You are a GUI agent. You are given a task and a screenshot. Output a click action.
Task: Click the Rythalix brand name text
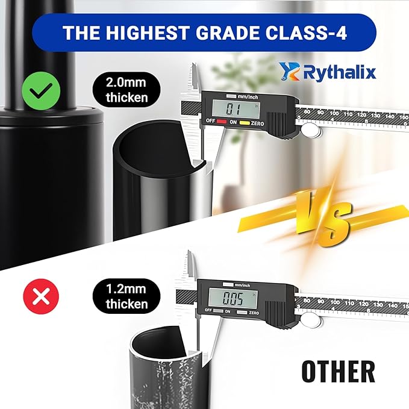340,73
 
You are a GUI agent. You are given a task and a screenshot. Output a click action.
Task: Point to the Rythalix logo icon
288,72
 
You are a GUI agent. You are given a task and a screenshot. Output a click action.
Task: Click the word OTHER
338,371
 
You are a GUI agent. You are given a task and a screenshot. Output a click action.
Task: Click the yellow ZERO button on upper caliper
245,121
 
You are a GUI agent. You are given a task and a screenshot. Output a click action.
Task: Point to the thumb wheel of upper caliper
310,130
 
